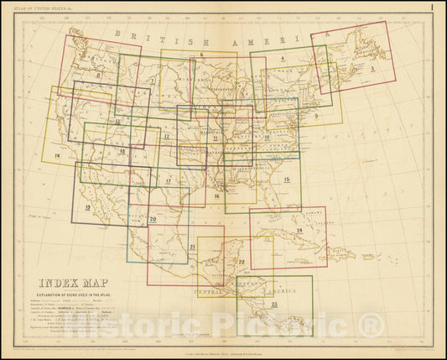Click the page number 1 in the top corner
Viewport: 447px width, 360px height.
[430, 8]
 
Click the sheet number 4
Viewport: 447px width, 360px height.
[283, 59]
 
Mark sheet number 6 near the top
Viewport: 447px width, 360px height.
[203, 55]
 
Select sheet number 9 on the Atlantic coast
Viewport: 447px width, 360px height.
[315, 115]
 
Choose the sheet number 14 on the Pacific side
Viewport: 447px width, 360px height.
[56, 156]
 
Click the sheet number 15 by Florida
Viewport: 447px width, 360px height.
[287, 180]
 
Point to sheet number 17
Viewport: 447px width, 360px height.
[168, 180]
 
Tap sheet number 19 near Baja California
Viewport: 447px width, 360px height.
[87, 206]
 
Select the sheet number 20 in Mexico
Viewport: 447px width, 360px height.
[153, 219]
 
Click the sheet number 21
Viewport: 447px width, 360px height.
[192, 247]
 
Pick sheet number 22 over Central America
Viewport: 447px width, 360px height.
[241, 262]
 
